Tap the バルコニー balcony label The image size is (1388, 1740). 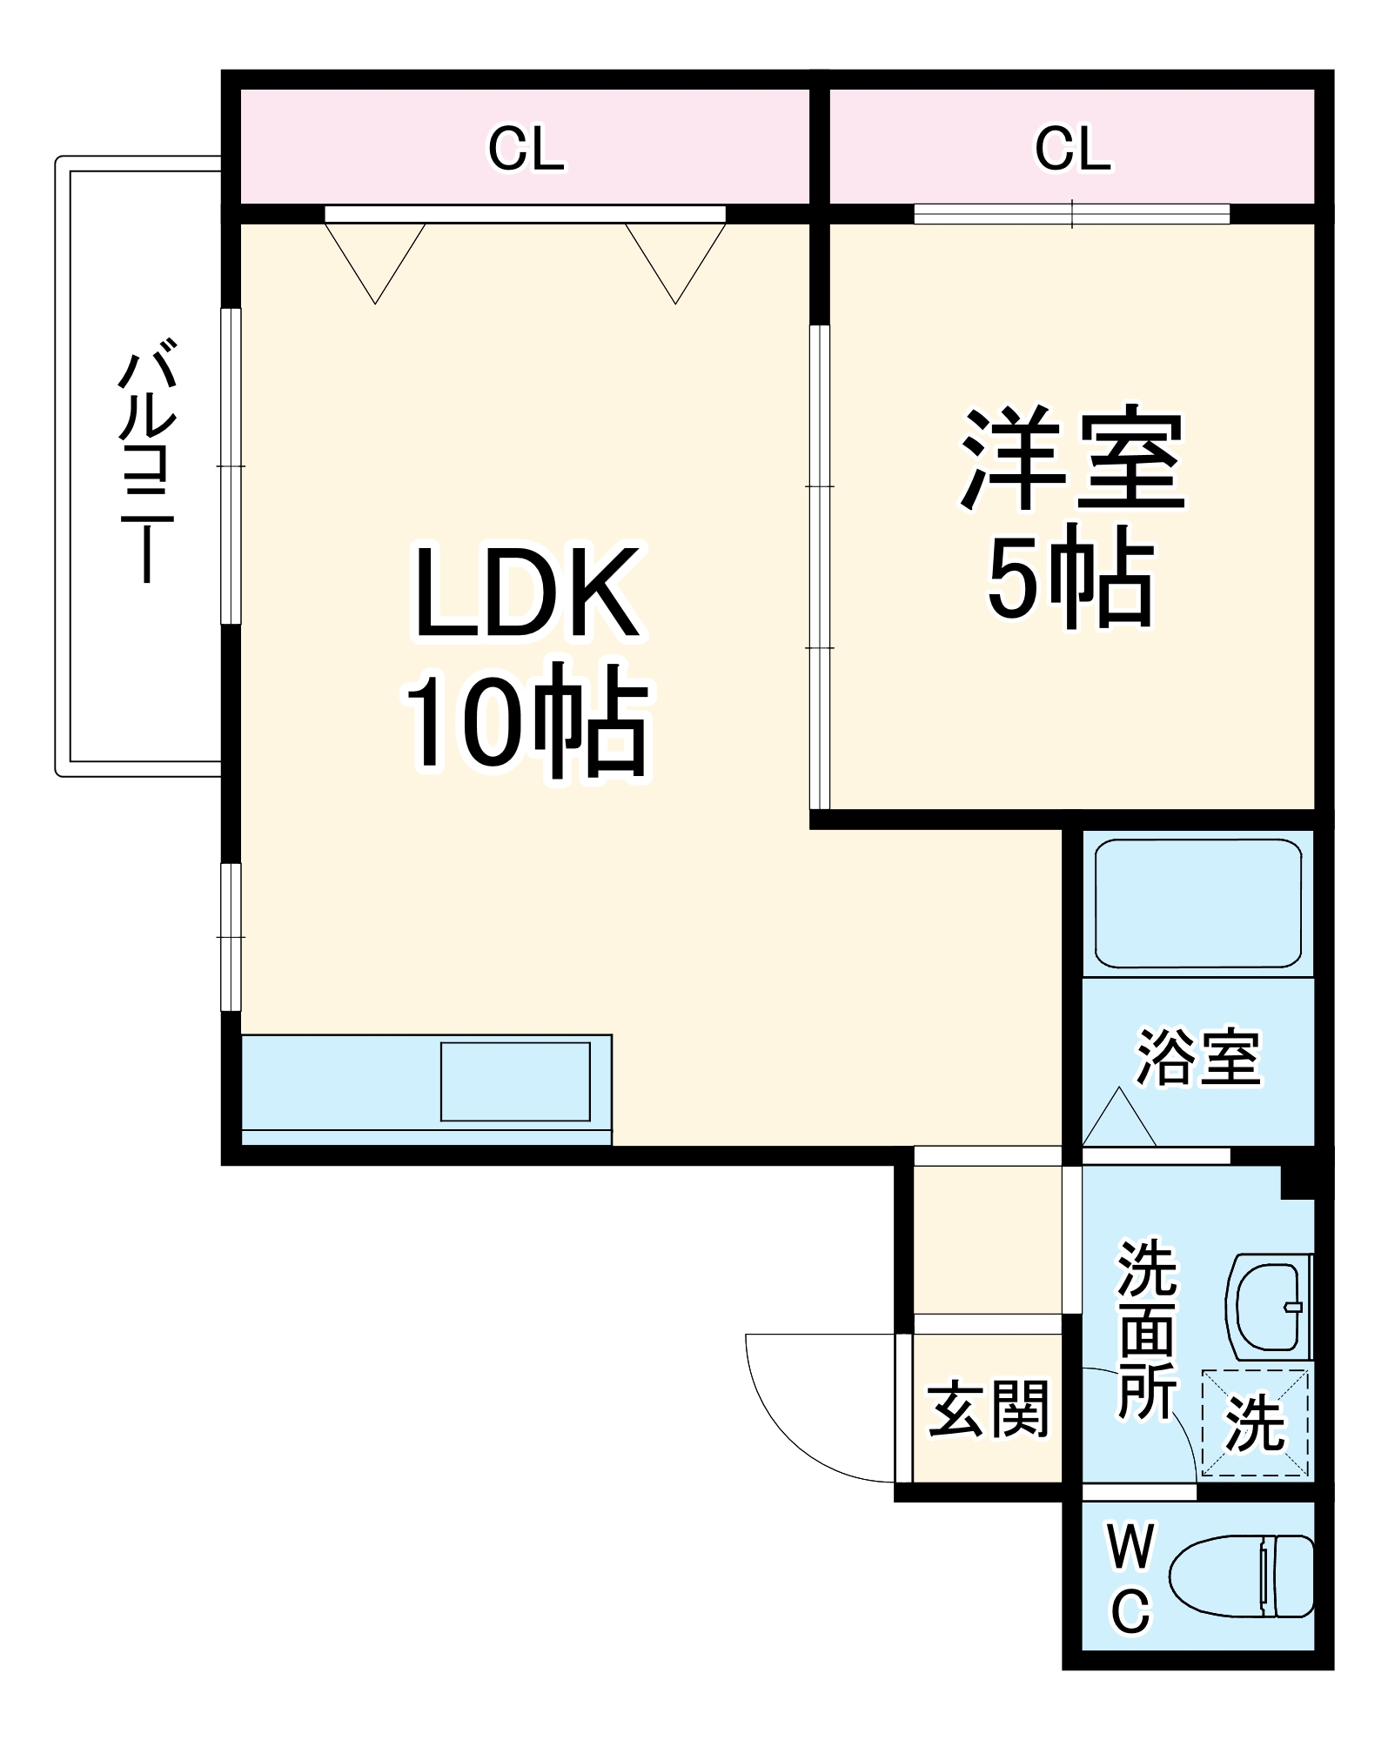click(148, 466)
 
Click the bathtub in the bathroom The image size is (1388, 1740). click(1198, 903)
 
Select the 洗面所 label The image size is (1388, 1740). click(1147, 1329)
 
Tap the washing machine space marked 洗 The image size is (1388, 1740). click(1255, 1424)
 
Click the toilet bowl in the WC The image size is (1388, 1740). click(1240, 1576)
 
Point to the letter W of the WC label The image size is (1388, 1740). click(1130, 1546)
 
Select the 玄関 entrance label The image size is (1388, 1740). click(988, 1409)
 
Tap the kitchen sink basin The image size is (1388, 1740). click(515, 1081)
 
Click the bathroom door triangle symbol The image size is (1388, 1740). click(1119, 1121)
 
